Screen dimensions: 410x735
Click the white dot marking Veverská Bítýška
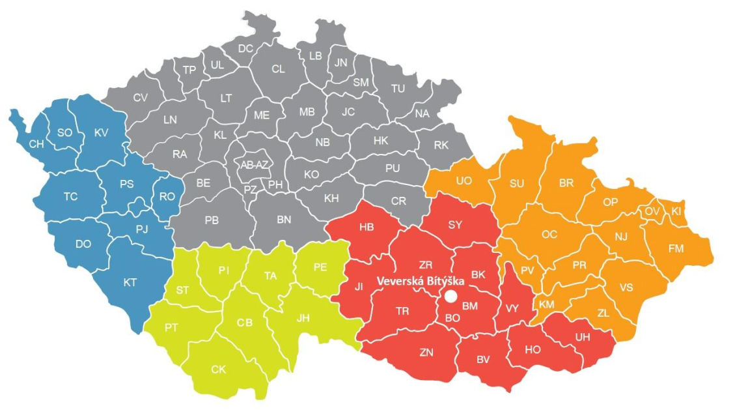[x=451, y=297]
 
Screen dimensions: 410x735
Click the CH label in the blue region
[x=36, y=145]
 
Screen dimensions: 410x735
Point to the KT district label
[x=130, y=282]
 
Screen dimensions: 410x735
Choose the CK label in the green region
[x=219, y=370]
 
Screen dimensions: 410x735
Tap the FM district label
[x=676, y=248]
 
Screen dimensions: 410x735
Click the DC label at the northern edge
[x=245, y=48]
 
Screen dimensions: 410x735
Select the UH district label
[x=583, y=337]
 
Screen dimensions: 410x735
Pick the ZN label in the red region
[x=426, y=353]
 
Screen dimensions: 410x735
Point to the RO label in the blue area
[x=167, y=196]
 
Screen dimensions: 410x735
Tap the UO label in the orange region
[x=464, y=181]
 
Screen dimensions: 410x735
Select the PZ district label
[x=251, y=190]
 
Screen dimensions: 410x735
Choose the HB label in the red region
[x=367, y=227]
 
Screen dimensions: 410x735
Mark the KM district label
[x=547, y=304]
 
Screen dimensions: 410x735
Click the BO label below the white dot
[x=452, y=317]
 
